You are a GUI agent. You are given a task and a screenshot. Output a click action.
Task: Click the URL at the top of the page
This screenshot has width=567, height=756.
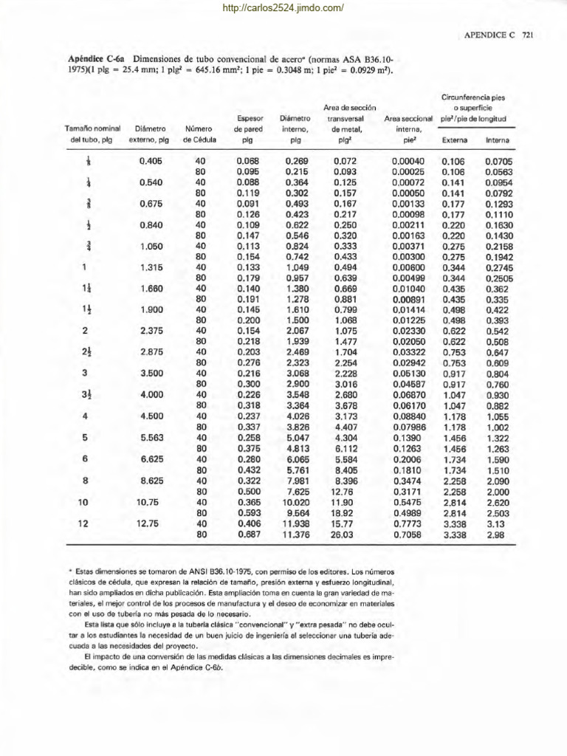click(x=283, y=8)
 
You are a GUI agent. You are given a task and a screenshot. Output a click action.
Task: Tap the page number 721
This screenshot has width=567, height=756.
click(x=527, y=35)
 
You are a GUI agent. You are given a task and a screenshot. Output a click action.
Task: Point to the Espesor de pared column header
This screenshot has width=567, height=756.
click(x=247, y=128)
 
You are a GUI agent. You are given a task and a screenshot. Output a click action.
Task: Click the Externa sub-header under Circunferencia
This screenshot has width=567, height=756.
click(x=454, y=140)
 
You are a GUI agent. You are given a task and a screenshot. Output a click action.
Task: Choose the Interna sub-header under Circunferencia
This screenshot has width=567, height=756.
click(x=498, y=140)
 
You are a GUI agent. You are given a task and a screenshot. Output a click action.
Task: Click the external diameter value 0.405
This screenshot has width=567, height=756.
click(x=151, y=160)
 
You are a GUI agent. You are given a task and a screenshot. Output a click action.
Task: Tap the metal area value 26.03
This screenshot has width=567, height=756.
click(x=344, y=535)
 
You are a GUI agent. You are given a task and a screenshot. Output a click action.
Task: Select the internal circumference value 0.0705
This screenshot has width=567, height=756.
click(x=499, y=160)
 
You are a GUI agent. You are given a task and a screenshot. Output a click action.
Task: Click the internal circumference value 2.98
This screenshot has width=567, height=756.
click(x=495, y=535)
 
